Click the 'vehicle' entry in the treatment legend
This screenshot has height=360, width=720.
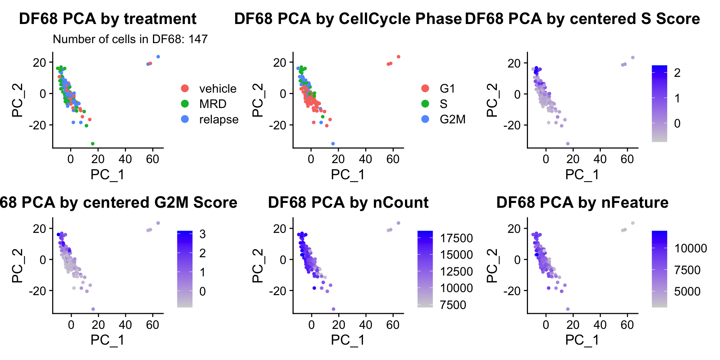[x=217, y=88]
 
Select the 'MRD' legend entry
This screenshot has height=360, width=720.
[x=213, y=104]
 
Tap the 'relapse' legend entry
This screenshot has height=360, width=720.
[x=219, y=119]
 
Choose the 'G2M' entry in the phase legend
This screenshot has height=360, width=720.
[x=452, y=119]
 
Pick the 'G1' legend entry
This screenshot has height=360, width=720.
[x=447, y=88]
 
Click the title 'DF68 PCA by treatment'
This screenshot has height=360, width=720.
[x=108, y=19]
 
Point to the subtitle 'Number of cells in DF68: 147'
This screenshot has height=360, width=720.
[x=130, y=39]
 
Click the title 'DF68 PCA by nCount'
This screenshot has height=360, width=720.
[x=348, y=202]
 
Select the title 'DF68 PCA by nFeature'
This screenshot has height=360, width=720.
[x=582, y=202]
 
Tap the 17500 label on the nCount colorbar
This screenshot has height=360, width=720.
[x=456, y=238]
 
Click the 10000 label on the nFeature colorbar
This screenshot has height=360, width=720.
[x=690, y=248]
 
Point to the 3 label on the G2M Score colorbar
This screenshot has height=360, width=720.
[x=202, y=234]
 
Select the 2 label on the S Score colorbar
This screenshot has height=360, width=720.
[x=677, y=73]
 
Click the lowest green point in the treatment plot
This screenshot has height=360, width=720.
[x=93, y=144]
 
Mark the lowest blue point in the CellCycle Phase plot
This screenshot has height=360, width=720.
[x=333, y=144]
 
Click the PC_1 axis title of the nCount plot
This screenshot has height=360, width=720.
[x=348, y=340]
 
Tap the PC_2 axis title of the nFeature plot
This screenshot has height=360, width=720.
[x=492, y=265]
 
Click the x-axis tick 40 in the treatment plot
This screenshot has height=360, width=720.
[x=125, y=159]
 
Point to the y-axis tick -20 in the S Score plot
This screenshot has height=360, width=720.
[x=512, y=125]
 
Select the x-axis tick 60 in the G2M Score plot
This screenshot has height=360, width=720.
[x=153, y=325]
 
